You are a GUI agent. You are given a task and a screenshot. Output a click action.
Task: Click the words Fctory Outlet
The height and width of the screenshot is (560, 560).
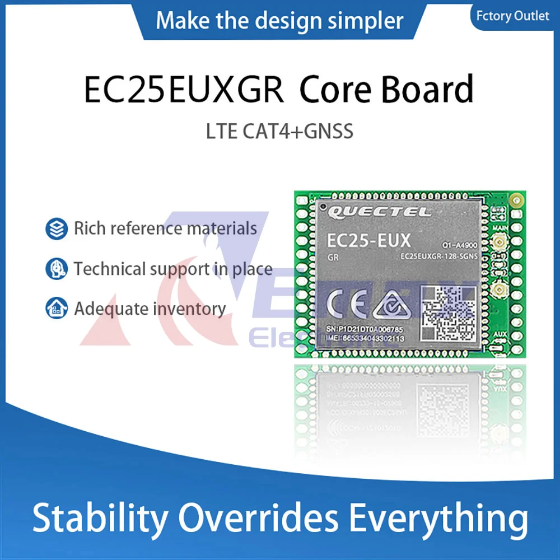click(x=512, y=16)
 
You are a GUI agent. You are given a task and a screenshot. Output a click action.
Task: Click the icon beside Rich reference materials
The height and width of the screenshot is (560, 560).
click(x=57, y=228)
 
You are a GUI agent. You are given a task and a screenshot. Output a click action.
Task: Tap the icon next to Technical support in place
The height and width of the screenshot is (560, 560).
click(x=57, y=269)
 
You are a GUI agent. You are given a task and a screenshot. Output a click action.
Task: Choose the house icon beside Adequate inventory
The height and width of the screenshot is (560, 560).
click(x=57, y=309)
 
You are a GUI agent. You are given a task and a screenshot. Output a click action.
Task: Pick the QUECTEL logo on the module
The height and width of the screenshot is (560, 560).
click(x=380, y=212)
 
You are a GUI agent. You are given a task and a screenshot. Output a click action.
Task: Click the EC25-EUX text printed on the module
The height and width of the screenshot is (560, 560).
click(x=368, y=241)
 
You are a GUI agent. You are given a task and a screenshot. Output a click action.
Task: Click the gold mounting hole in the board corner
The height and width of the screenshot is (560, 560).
click(x=517, y=199)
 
